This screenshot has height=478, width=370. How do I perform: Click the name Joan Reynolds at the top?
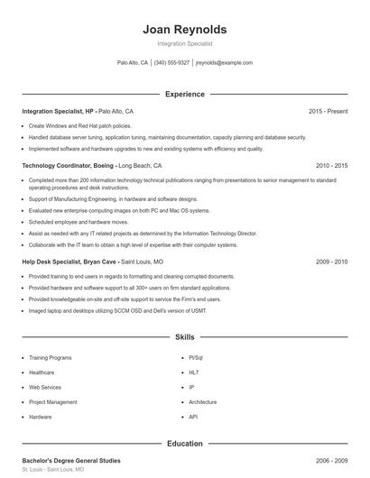[x=185, y=29]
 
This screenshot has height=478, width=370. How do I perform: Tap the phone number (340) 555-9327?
[x=171, y=63]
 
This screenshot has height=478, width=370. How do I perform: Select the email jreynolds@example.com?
[x=224, y=63]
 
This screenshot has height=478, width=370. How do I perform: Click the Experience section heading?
[x=185, y=94]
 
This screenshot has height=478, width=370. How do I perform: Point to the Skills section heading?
[x=185, y=337]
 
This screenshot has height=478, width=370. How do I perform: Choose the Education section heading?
[x=185, y=444]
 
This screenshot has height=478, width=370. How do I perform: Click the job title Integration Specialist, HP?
[x=58, y=111]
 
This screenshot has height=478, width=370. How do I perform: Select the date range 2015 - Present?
[x=328, y=111]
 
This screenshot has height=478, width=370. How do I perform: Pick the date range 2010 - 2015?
[x=331, y=166]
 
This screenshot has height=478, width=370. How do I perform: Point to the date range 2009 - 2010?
[x=331, y=262]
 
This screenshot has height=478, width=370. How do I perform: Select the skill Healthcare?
[x=42, y=372]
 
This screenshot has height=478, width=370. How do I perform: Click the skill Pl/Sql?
[x=196, y=357]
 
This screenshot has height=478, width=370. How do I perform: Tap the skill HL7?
[x=193, y=372]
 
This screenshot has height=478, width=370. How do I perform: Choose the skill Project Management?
[x=52, y=402]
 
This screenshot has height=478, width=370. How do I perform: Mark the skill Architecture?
[x=203, y=402]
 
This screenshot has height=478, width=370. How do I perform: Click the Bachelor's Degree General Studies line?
[x=70, y=461]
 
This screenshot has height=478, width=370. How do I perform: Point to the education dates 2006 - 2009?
[x=331, y=461]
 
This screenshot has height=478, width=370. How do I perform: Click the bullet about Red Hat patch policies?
[x=79, y=126]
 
